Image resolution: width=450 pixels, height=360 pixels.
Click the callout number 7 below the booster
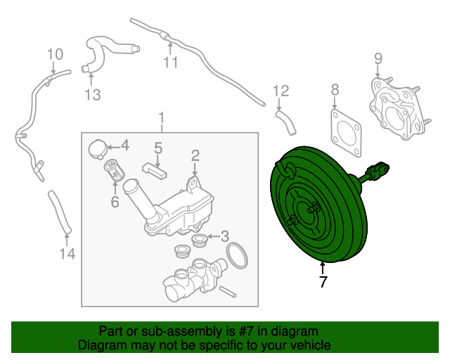coord(323,282)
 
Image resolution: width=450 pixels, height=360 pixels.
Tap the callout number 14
coord(67,254)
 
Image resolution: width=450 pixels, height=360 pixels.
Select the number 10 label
coord(55,54)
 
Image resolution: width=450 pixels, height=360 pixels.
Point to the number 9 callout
coord(378,58)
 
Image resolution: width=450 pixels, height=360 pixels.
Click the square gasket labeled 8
coord(346,133)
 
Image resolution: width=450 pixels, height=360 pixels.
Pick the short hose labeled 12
coord(286,122)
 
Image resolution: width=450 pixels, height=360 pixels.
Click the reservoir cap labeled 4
coord(97,149)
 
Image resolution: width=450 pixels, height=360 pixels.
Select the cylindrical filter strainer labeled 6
coord(114,171)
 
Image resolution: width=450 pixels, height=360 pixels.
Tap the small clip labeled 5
coord(155,171)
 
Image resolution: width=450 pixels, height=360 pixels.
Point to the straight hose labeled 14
coord(60,212)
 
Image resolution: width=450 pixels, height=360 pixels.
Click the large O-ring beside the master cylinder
coord(237,255)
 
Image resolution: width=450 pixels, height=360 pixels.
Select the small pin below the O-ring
coord(228,292)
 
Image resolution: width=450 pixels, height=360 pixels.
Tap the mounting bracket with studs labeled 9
coord(399,109)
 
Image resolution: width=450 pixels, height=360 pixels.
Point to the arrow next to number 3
coord(213,236)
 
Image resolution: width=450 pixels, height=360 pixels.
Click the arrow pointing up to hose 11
coord(170,49)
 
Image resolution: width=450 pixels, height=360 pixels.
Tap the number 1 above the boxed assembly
coord(162,118)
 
